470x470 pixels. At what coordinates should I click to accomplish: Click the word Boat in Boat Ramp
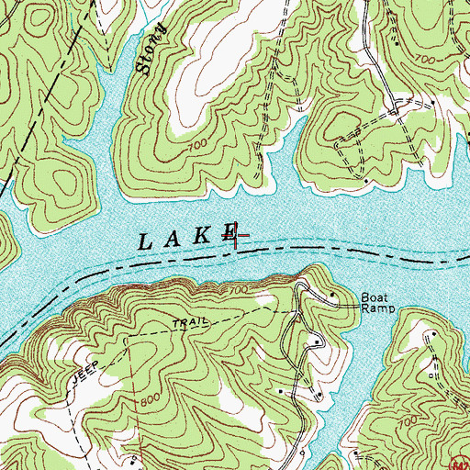pos(374,297)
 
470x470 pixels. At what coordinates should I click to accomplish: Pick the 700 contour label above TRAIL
pos(240,289)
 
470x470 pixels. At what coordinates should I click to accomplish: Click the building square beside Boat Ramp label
pos(332,294)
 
